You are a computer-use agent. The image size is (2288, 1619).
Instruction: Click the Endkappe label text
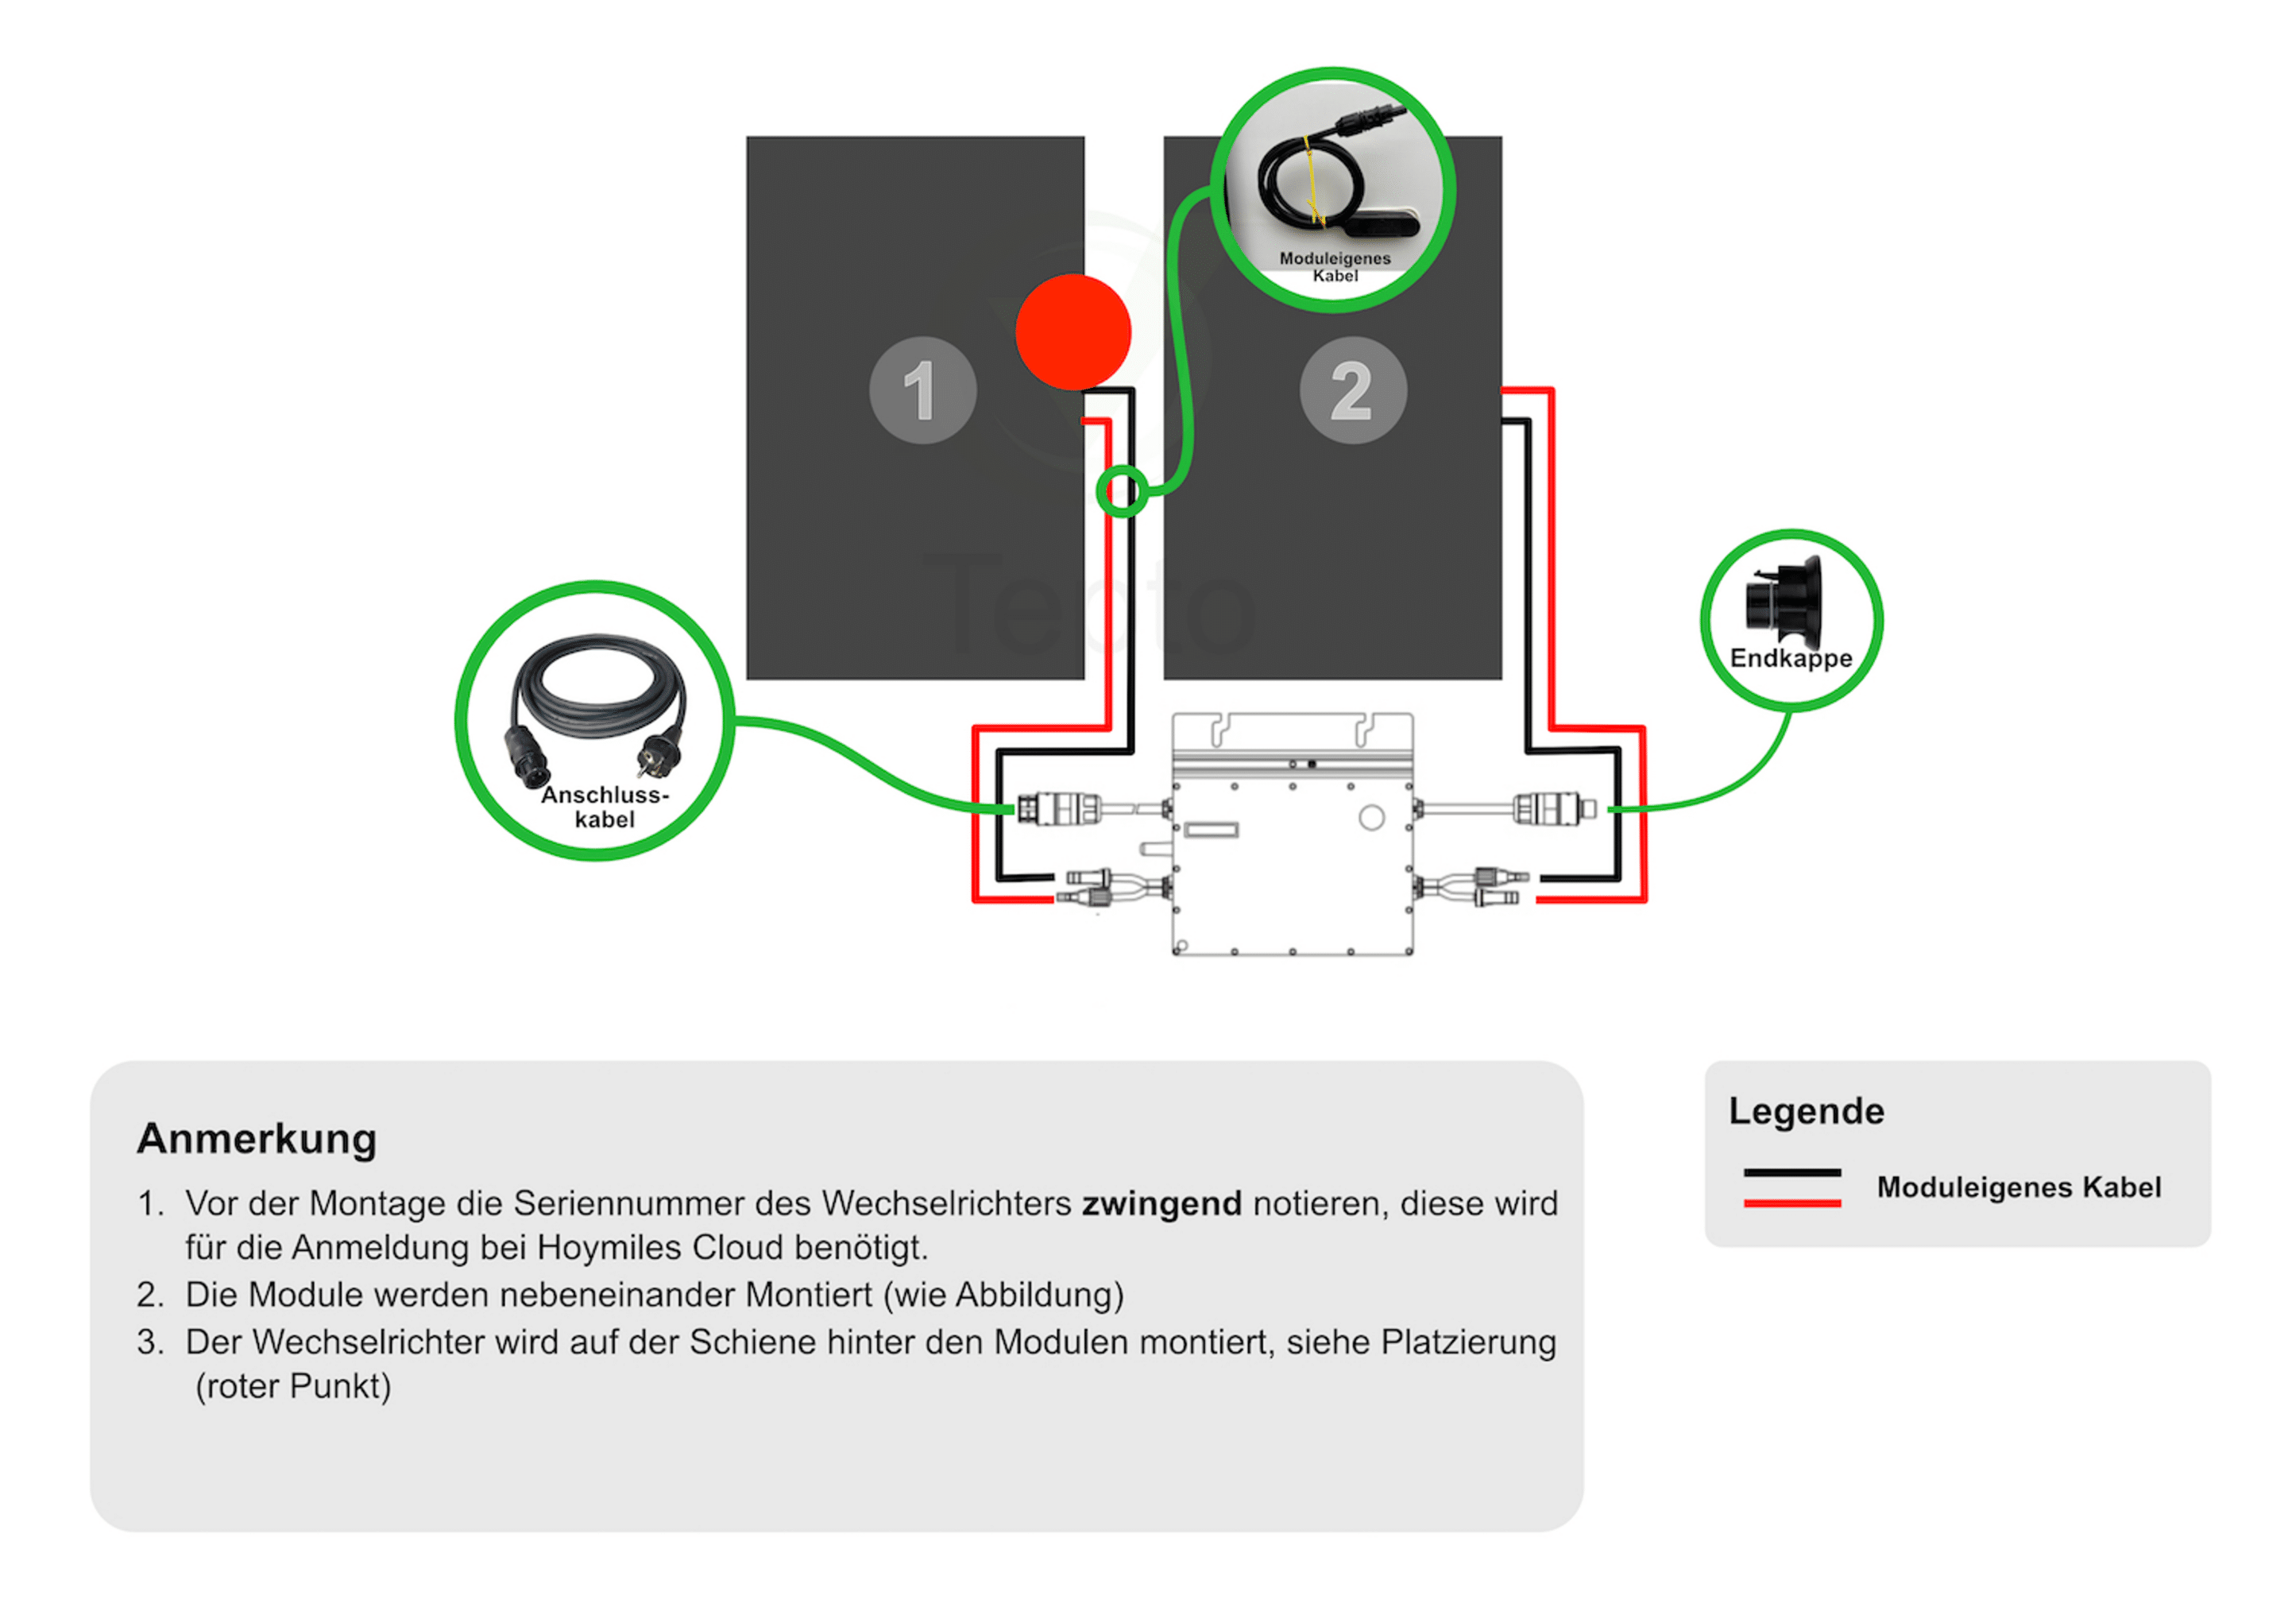point(1790,658)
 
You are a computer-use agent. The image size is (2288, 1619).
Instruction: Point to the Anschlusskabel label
point(604,807)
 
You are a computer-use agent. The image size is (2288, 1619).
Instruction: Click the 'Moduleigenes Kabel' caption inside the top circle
point(1335,266)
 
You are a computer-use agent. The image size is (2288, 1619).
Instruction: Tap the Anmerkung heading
point(257,1138)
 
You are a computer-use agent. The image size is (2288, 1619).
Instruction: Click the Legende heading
point(1806,1110)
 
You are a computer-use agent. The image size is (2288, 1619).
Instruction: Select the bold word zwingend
point(1161,1203)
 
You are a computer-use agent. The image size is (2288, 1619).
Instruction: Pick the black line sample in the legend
point(1791,1172)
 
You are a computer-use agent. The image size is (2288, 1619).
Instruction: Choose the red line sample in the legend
point(1791,1203)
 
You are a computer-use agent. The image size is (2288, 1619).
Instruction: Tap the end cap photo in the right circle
point(1783,600)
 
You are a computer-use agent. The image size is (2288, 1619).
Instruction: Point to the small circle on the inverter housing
point(1371,818)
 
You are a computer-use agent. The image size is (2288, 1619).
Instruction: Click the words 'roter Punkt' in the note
point(293,1385)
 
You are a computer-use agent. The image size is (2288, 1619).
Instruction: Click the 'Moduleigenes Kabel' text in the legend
point(2018,1187)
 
